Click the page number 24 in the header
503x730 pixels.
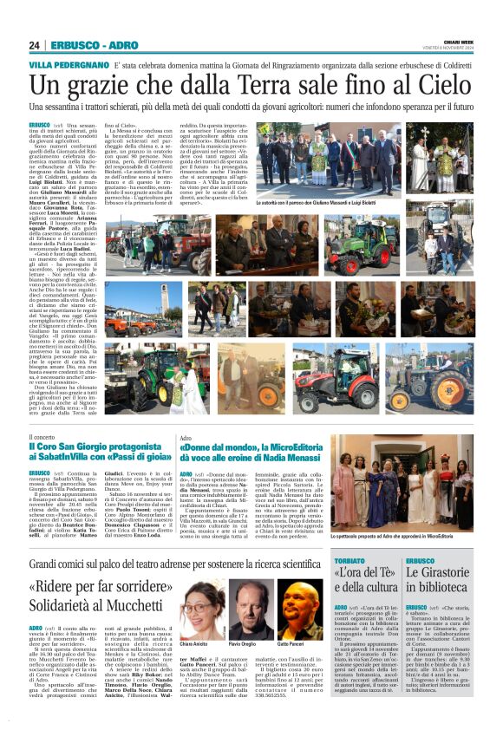34,45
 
